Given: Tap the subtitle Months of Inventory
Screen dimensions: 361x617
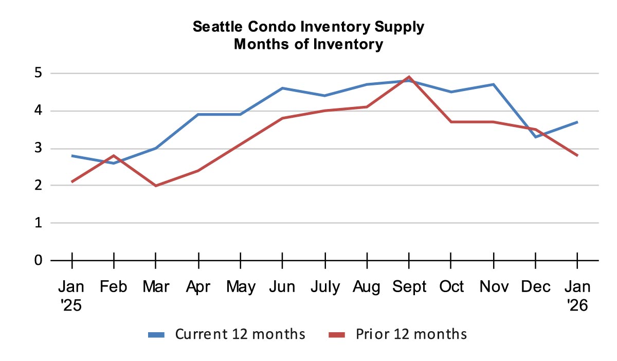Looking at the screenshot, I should [x=308, y=44].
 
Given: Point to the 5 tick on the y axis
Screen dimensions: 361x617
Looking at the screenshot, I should [x=39, y=74].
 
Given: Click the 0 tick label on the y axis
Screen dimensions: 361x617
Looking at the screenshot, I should [x=39, y=260].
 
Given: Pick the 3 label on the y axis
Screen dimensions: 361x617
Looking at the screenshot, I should [x=39, y=149].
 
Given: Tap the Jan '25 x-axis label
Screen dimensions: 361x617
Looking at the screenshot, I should [x=72, y=295].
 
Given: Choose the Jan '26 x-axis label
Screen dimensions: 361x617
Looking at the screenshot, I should [x=577, y=295].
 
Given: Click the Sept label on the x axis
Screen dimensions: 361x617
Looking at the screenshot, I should [x=409, y=286].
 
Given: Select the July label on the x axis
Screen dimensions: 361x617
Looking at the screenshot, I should [x=325, y=286].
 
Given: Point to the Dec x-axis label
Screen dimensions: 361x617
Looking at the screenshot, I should [x=535, y=286].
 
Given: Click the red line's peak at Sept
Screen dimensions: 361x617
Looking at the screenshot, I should [x=409, y=77].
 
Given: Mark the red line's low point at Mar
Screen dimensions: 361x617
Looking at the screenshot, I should [x=156, y=186].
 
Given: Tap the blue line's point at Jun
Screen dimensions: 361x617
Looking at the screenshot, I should [x=282, y=88].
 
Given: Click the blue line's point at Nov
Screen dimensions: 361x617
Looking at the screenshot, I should [x=493, y=84].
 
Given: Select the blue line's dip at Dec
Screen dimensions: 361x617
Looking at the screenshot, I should [x=535, y=137].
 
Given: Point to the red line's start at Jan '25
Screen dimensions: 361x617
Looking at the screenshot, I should [x=72, y=182].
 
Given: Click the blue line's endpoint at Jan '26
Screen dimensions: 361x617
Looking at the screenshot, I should [x=577, y=122].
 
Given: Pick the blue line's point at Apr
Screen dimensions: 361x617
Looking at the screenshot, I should [x=198, y=115].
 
